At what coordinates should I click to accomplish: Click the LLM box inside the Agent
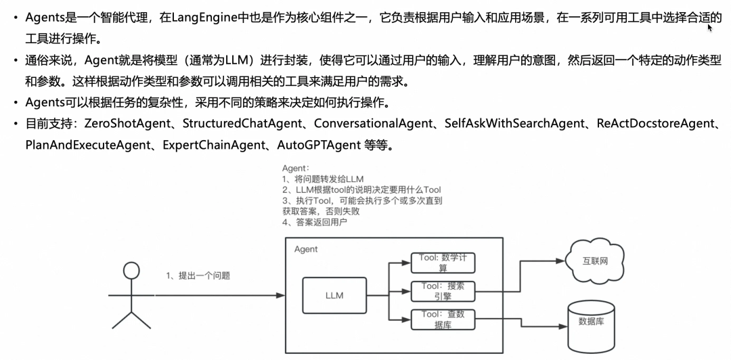pos(334,296)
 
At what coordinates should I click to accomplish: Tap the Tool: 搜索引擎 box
pos(443,291)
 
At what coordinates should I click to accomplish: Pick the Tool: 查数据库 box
pos(443,319)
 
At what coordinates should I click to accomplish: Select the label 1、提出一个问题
pos(198,276)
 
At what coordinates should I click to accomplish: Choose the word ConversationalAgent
pos(373,124)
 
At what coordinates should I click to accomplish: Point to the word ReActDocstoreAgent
pos(656,124)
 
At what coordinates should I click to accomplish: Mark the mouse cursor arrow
pos(710,28)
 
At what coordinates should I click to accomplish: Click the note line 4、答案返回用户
pos(315,222)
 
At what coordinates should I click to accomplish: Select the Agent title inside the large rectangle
pos(306,250)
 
